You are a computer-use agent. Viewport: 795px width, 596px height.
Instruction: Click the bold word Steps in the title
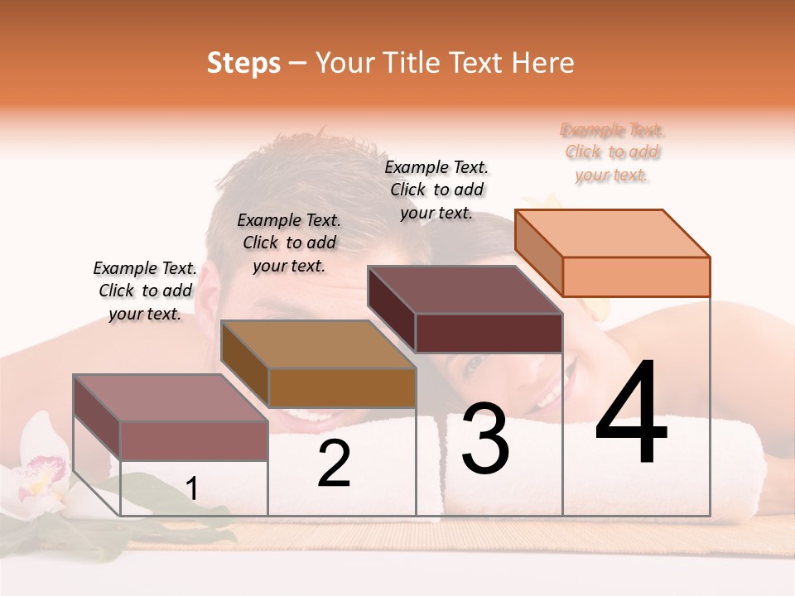pyautogui.click(x=243, y=63)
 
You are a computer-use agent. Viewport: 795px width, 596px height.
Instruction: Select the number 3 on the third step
pyautogui.click(x=485, y=440)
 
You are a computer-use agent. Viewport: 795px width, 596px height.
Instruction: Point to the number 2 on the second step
pyautogui.click(x=335, y=464)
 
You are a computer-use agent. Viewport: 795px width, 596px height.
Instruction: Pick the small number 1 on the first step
pyautogui.click(x=192, y=489)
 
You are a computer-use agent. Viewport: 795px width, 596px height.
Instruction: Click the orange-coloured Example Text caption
pyautogui.click(x=612, y=152)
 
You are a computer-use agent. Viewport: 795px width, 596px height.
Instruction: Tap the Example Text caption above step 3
pyautogui.click(x=436, y=190)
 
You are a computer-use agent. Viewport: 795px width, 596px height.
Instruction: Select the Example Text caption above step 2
pyautogui.click(x=289, y=243)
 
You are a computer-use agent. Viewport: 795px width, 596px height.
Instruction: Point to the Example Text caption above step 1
pyautogui.click(x=145, y=291)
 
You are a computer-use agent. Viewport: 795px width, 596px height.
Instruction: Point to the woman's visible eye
pyautogui.click(x=470, y=363)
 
